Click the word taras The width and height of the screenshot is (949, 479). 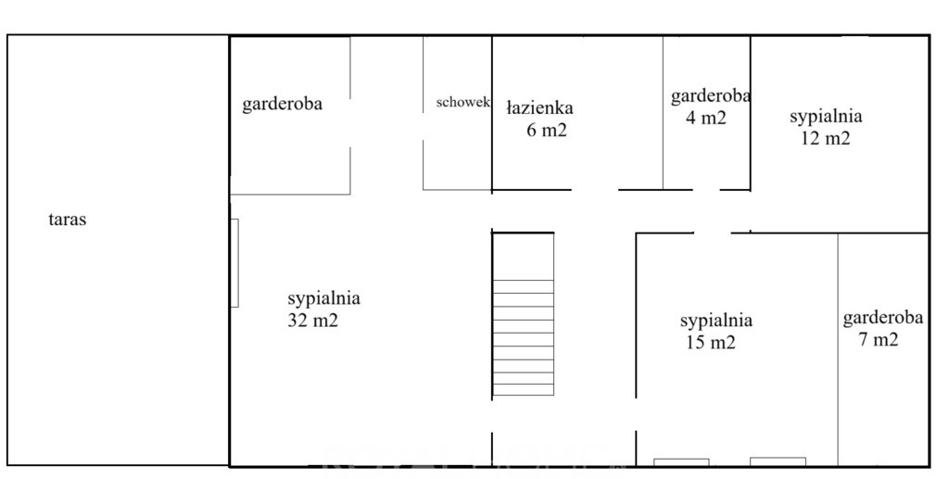pos(67,220)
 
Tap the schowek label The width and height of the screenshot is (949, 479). pos(463,102)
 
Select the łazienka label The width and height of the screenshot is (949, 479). pos(539,108)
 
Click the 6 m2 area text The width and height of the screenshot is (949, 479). pos(547,130)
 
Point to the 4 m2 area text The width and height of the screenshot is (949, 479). pos(705,118)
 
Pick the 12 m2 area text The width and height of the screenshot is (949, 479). pos(826,138)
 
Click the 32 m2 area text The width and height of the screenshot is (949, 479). pos(313,321)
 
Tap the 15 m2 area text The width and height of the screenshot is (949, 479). pos(711,343)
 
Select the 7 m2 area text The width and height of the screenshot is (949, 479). pos(879,339)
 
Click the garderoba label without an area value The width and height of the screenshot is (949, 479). pos(282,104)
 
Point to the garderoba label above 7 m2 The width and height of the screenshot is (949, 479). pos(883,318)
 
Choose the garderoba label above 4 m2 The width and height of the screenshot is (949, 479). pos(711,96)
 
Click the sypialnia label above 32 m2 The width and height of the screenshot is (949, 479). pos(323,298)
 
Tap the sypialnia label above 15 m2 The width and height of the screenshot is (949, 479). pos(716,321)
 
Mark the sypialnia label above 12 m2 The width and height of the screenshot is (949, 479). pos(826,116)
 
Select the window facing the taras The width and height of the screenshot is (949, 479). pos(234,263)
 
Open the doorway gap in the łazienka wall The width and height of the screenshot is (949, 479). pos(595,189)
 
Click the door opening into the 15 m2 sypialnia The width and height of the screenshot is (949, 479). pos(636,414)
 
